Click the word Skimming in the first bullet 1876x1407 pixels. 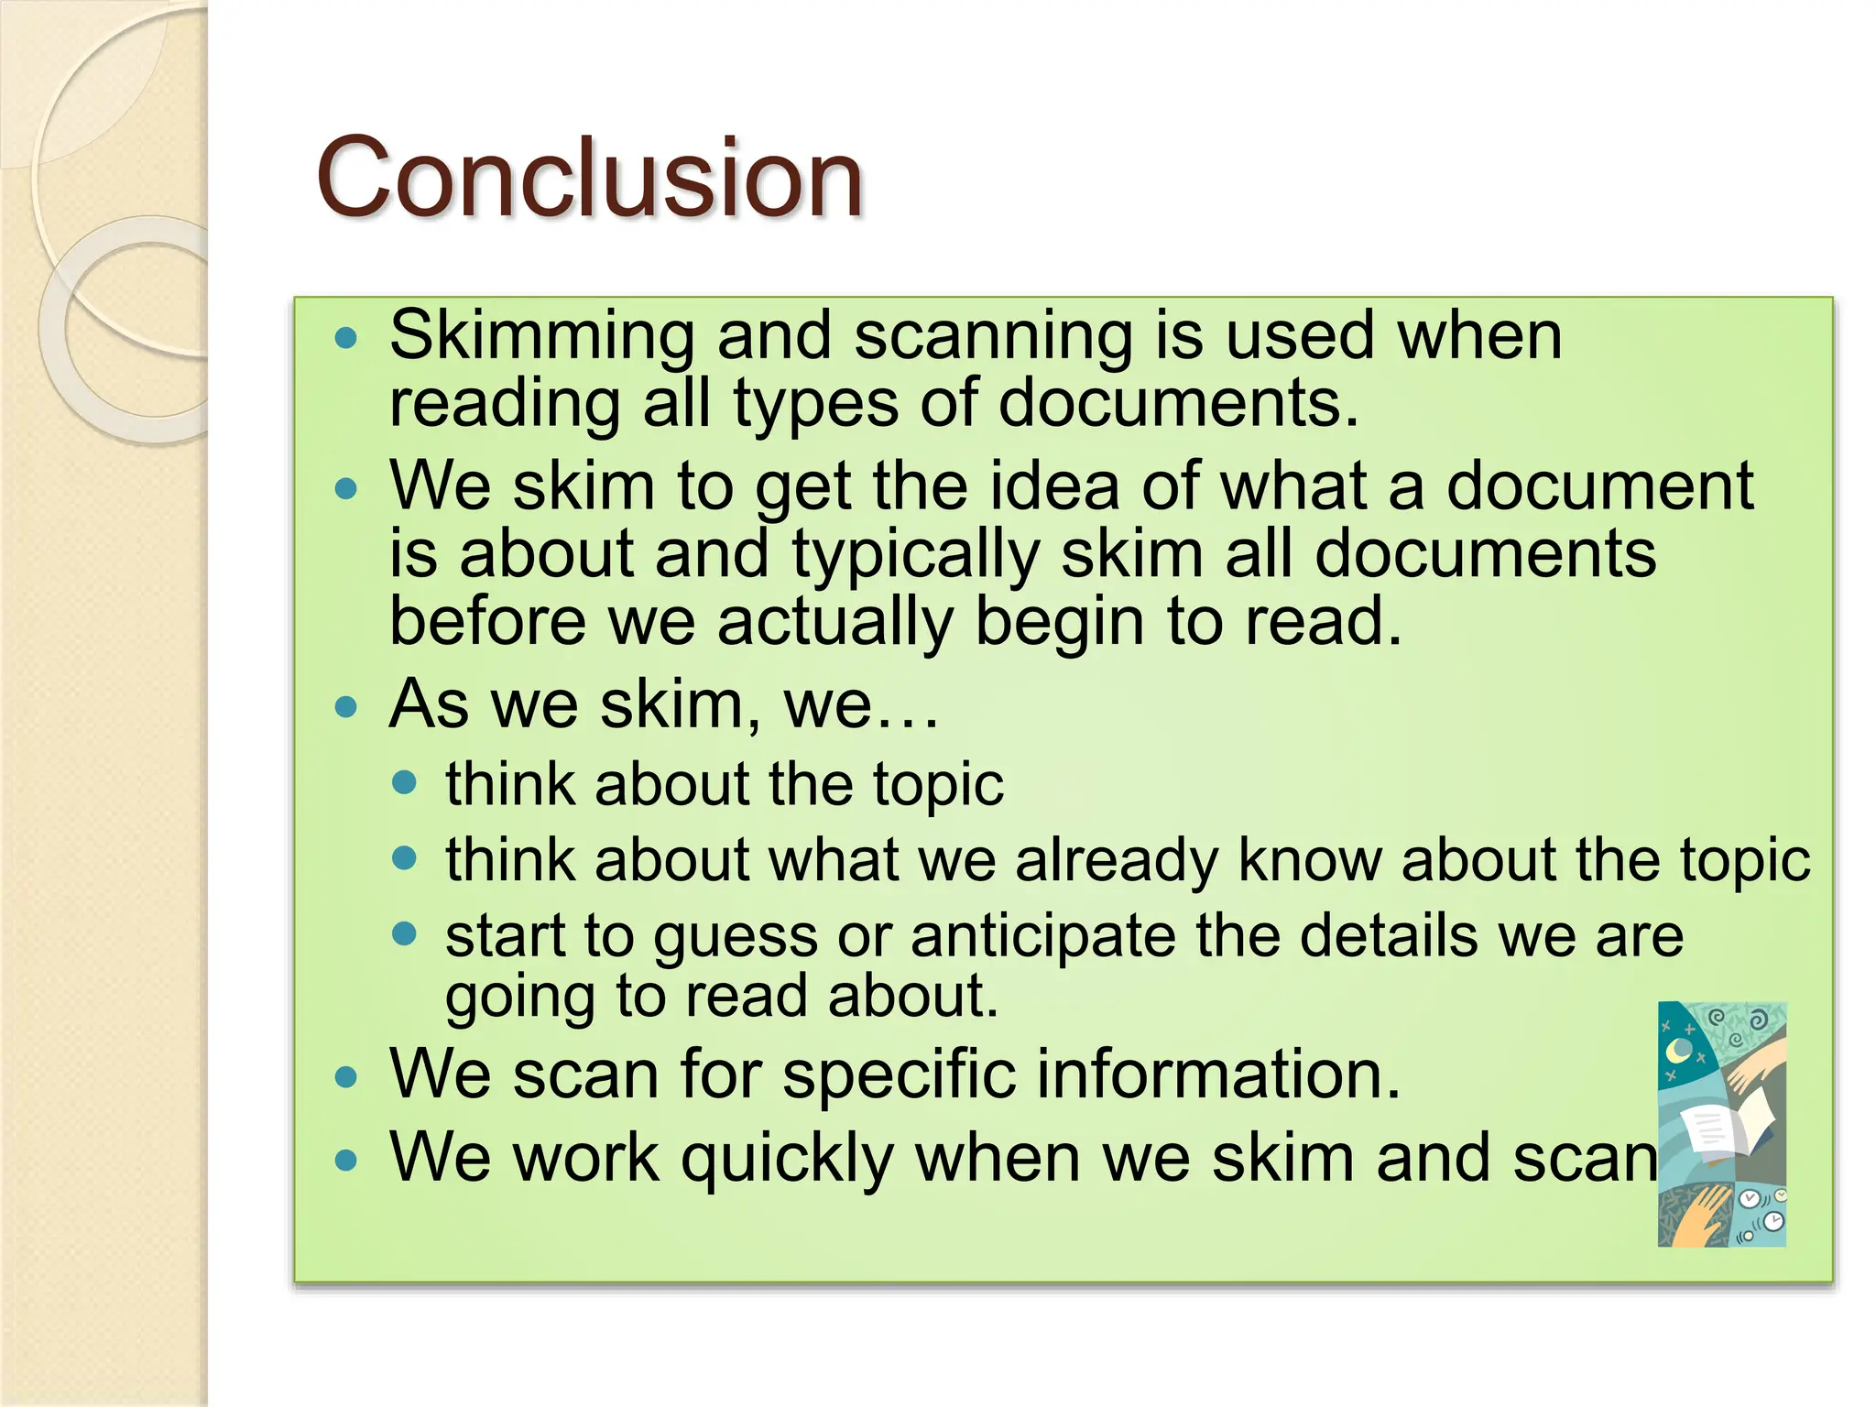click(x=541, y=336)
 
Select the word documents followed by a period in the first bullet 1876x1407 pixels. click(x=1177, y=404)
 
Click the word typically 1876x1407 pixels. click(x=915, y=555)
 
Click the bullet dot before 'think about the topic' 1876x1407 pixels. click(x=404, y=783)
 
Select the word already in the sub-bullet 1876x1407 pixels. click(x=1116, y=860)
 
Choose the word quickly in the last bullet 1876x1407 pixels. click(x=787, y=1160)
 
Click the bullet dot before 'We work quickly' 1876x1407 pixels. click(x=345, y=1161)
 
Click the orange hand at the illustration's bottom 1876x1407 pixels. click(x=1695, y=1218)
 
